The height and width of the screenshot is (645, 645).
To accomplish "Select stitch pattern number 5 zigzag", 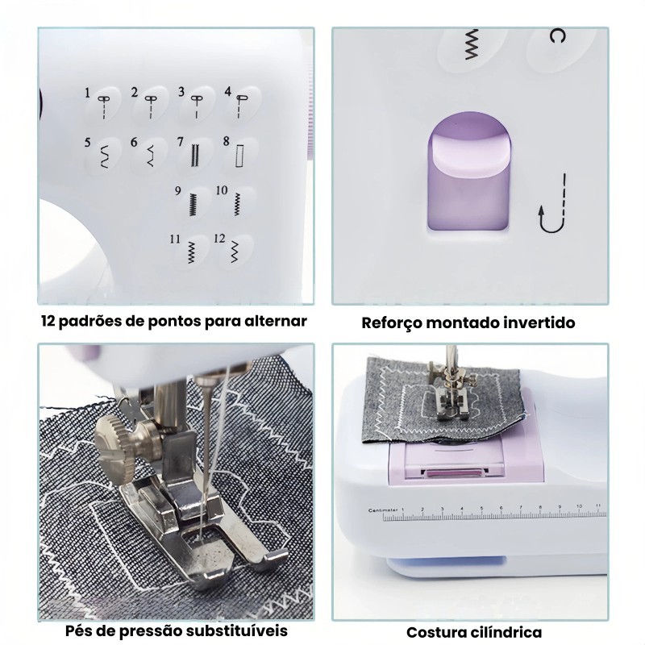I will [x=103, y=152].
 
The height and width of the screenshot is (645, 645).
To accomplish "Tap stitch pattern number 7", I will [x=193, y=152].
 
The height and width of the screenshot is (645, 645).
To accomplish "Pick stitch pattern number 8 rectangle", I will [x=239, y=152].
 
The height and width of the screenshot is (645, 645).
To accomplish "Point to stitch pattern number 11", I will [x=191, y=252].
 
